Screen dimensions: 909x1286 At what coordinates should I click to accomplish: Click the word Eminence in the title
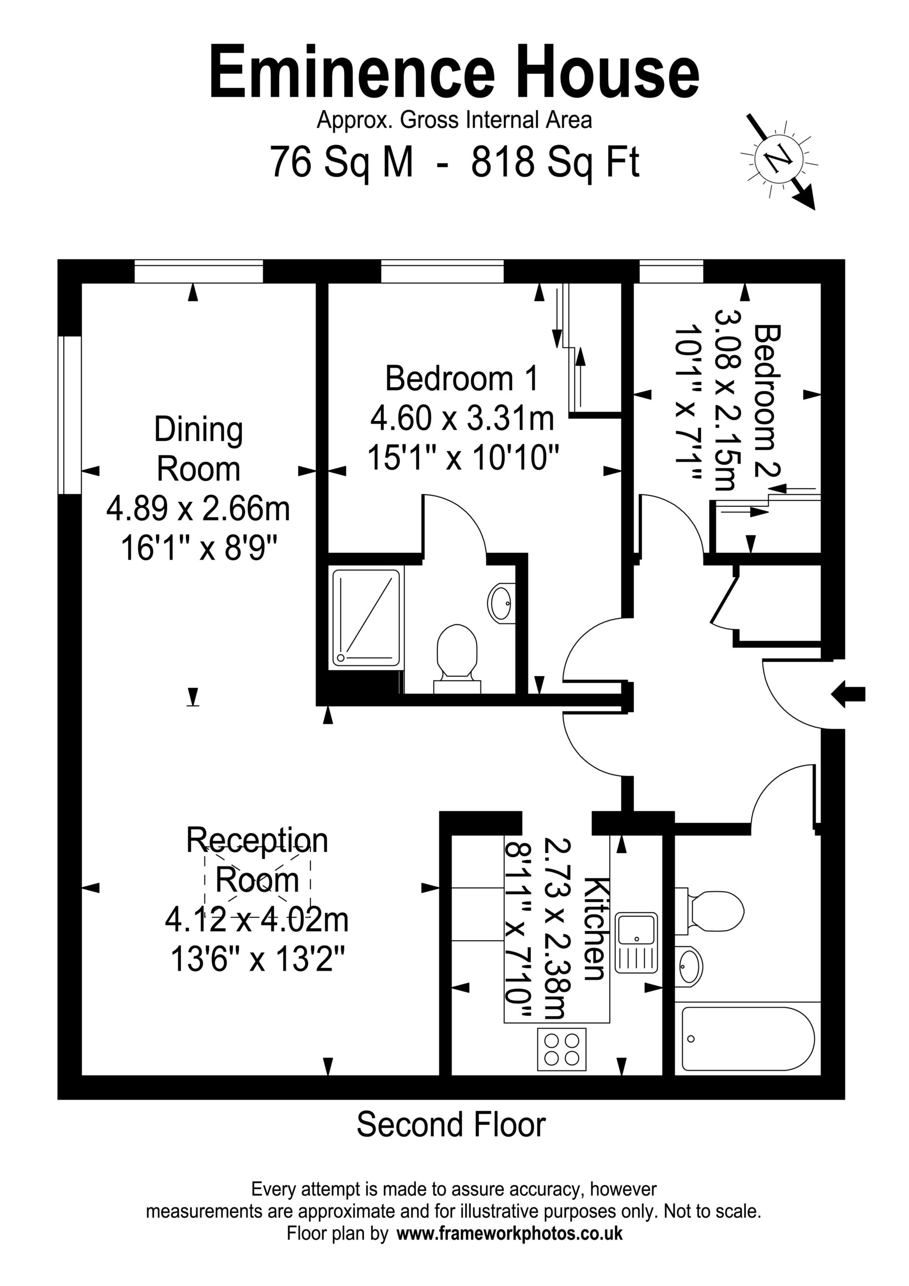tap(352, 73)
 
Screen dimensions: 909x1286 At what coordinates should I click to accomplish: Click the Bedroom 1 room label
tap(462, 378)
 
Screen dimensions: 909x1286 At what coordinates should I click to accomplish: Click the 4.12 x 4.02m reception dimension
tap(257, 920)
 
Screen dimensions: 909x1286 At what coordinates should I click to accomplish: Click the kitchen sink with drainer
tap(636, 943)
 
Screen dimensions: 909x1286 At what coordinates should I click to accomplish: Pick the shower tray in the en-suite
tap(367, 618)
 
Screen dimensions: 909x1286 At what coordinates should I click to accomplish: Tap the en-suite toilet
tap(457, 659)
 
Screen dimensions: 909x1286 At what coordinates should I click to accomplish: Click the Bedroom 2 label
tap(767, 401)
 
